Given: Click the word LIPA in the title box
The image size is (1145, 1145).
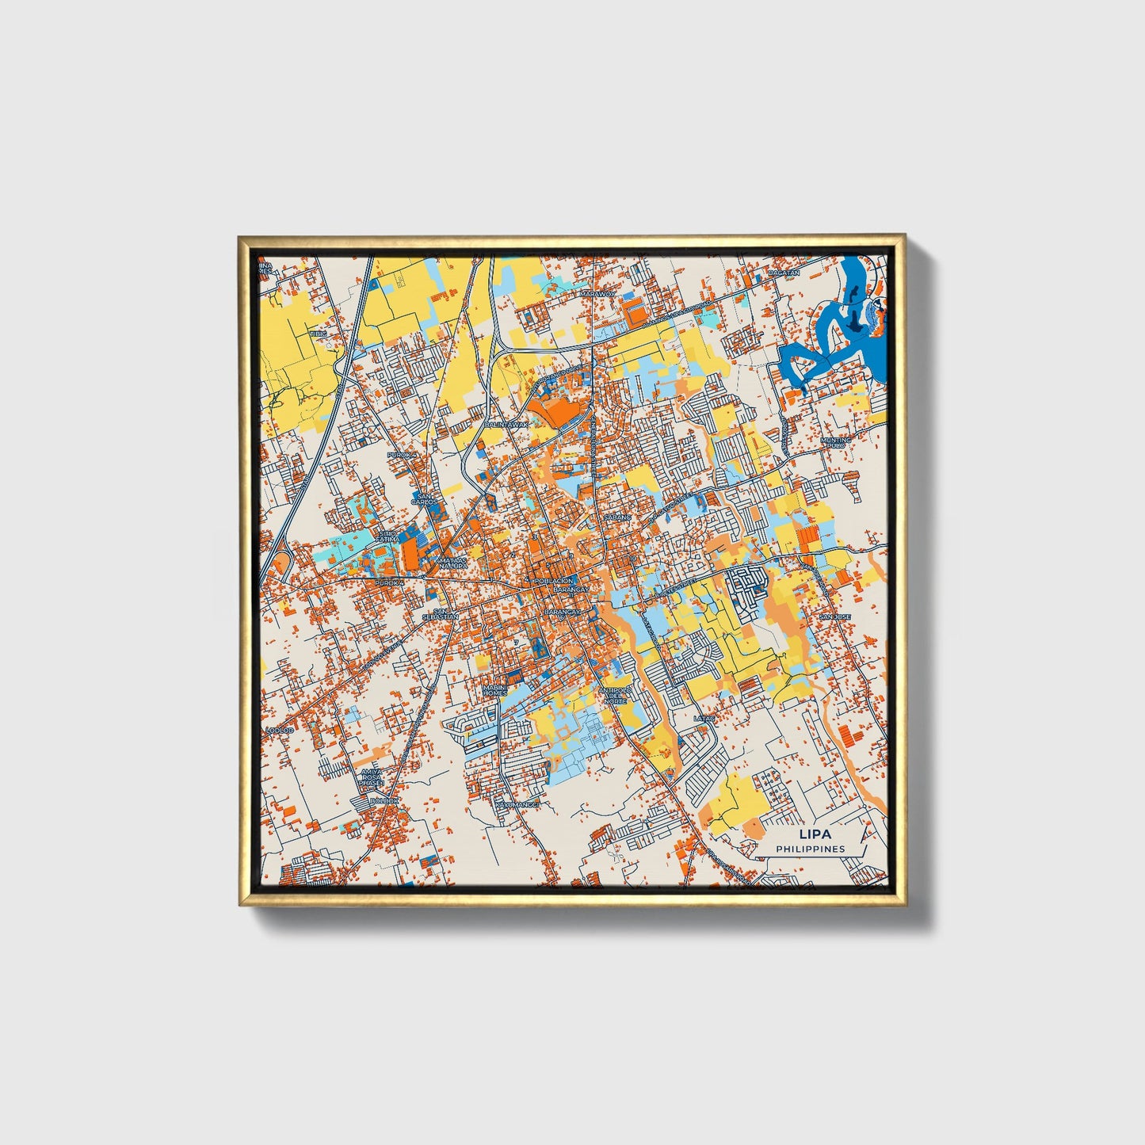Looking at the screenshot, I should pyautogui.click(x=810, y=834).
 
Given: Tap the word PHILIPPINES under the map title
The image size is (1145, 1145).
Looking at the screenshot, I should pyautogui.click(x=810, y=849).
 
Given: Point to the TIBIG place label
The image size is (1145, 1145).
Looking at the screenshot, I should pyautogui.click(x=318, y=334).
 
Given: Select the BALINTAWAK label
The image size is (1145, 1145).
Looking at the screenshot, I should pyautogui.click(x=505, y=425).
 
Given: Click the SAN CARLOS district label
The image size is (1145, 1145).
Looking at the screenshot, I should pyautogui.click(x=424, y=499).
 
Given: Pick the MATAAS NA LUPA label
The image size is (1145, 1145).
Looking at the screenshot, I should pyautogui.click(x=452, y=562).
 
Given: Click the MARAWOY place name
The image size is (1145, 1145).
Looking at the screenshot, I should pyautogui.click(x=597, y=294).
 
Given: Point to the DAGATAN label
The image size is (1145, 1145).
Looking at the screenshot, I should pyautogui.click(x=784, y=272).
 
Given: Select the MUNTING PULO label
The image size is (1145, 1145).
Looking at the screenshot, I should pyautogui.click(x=835, y=442).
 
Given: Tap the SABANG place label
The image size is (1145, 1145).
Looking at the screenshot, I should pyautogui.click(x=617, y=517).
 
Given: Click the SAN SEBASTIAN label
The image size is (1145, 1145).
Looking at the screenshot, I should pyautogui.click(x=441, y=614).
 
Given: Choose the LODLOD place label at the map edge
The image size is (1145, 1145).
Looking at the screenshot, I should pyautogui.click(x=280, y=730).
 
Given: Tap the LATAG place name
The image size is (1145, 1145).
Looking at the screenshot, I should pyautogui.click(x=704, y=719).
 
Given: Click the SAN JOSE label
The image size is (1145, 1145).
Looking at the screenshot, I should pyautogui.click(x=834, y=616).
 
